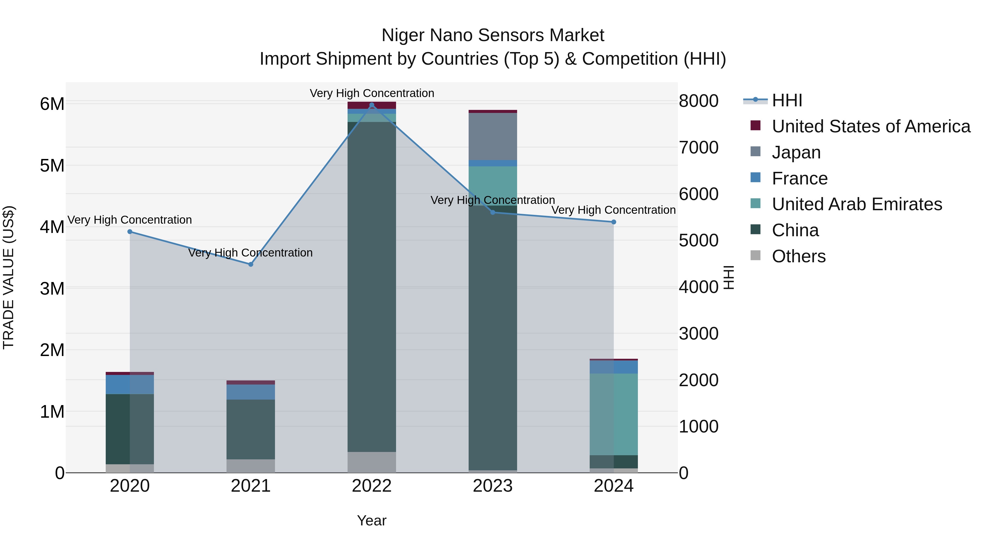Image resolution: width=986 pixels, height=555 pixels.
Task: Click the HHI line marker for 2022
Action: click(x=372, y=105)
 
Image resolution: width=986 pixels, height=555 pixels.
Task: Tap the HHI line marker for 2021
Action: click(x=251, y=264)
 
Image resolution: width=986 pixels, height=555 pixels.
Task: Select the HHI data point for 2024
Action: click(x=614, y=222)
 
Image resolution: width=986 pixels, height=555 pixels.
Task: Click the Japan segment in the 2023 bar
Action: click(x=493, y=136)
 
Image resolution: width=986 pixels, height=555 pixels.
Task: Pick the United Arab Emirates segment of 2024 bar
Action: click(x=614, y=414)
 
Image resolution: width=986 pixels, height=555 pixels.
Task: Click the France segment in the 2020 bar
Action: click(x=130, y=385)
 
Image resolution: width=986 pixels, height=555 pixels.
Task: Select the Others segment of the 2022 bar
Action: click(x=372, y=462)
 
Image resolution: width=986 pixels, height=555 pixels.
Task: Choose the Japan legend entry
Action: click(x=796, y=152)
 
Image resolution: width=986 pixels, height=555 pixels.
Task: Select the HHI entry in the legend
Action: click(x=787, y=100)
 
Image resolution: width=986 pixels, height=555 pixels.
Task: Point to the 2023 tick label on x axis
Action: click(x=493, y=486)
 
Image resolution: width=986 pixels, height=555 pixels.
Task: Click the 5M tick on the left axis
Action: click(x=52, y=166)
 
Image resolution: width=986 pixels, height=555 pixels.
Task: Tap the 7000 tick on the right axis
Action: click(x=698, y=147)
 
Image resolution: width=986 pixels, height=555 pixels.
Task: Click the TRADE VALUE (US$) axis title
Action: click(x=9, y=277)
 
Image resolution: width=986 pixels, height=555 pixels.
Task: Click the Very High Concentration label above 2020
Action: click(x=130, y=220)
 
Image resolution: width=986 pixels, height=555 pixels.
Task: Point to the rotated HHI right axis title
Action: click(x=729, y=277)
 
